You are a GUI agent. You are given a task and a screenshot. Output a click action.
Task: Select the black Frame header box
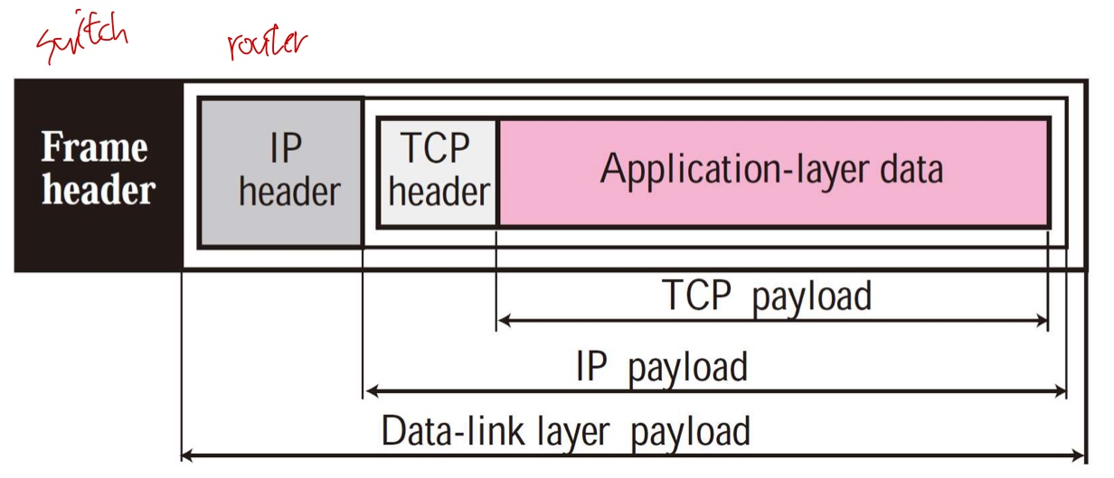click(x=98, y=174)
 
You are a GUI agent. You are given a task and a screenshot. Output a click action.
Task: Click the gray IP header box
click(x=280, y=172)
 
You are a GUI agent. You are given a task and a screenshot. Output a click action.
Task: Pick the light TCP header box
click(x=438, y=172)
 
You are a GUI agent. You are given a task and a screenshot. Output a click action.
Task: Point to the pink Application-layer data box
click(x=773, y=172)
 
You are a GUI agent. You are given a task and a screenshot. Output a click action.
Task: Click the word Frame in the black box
click(x=96, y=148)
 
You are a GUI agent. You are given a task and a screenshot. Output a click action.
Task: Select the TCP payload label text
click(x=768, y=295)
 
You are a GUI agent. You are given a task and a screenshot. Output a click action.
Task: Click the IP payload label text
click(x=662, y=368)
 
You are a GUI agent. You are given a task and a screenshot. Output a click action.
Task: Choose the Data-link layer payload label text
click(x=566, y=431)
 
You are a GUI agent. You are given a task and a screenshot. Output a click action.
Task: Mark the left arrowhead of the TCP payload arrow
click(x=503, y=319)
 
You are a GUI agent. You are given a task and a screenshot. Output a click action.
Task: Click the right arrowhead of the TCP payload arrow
click(x=1043, y=319)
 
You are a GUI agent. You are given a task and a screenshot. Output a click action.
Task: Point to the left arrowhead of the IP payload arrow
click(x=368, y=391)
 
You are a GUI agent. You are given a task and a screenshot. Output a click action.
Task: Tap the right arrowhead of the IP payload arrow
click(x=1062, y=391)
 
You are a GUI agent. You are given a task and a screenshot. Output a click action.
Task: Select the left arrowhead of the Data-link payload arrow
click(x=187, y=455)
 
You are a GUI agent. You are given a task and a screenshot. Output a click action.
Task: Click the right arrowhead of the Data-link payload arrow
click(x=1080, y=455)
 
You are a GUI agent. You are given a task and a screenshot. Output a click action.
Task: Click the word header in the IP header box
click(x=289, y=192)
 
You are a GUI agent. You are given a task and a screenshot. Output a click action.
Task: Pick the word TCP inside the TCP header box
click(x=436, y=149)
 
